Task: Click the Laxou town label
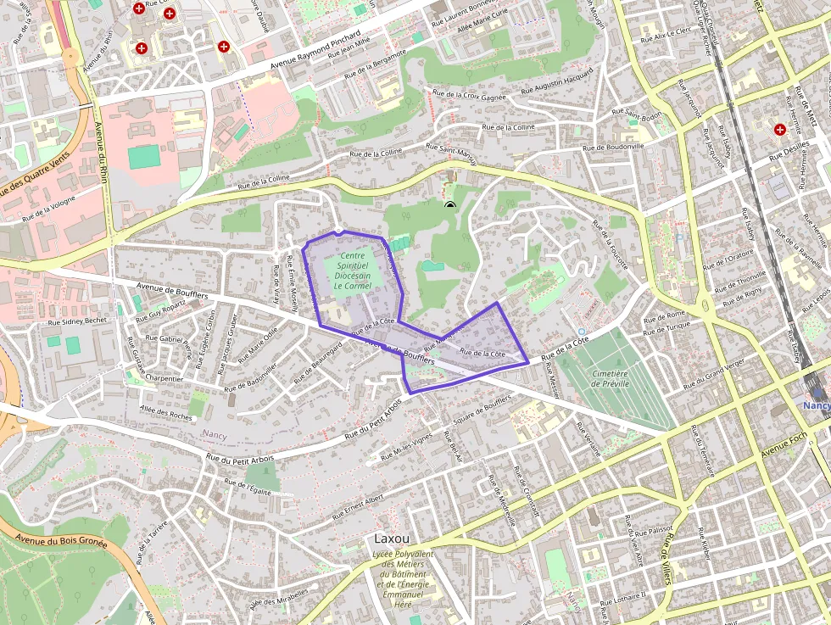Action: click(392, 539)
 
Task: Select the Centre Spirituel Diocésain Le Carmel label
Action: click(353, 271)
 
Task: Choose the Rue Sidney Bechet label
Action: click(77, 321)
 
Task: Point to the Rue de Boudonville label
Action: click(613, 146)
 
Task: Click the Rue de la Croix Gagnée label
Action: click(469, 96)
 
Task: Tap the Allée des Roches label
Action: click(166, 413)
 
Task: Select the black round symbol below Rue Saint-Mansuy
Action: click(449, 204)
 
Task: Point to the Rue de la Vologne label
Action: click(48, 209)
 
